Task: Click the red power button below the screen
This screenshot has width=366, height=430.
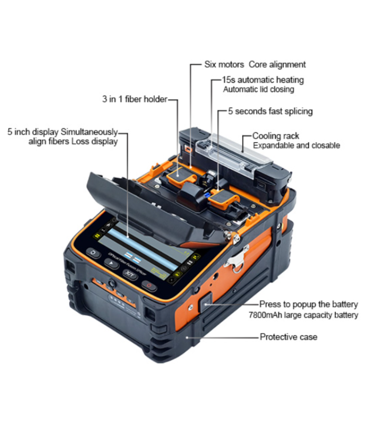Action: point(149,286)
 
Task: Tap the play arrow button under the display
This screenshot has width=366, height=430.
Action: point(111,264)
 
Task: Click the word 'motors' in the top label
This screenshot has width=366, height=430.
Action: point(232,65)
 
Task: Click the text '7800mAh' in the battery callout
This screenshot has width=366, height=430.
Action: point(277,315)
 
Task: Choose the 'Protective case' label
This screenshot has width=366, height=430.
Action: point(288,337)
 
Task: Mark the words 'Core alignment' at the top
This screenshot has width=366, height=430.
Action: point(277,65)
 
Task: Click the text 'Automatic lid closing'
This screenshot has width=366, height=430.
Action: point(258,89)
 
